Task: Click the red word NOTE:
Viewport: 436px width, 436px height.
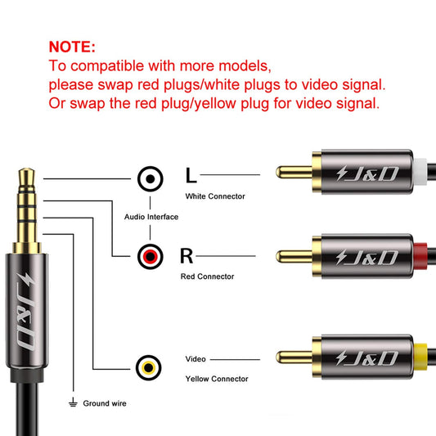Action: [72, 47]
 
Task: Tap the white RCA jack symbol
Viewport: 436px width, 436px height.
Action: [151, 179]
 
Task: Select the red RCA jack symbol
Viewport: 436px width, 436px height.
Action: [151, 256]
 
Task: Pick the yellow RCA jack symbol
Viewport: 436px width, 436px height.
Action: [149, 367]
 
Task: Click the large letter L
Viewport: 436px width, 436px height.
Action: [191, 175]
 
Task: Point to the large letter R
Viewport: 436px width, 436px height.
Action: [187, 256]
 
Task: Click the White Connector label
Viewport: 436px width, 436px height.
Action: [215, 196]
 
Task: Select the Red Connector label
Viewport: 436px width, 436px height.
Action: [208, 276]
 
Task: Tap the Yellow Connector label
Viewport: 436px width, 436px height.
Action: [217, 379]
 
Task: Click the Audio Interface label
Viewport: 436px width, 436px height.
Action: [151, 217]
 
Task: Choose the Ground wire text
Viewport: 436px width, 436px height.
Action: [105, 403]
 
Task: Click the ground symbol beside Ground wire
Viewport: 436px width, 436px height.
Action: [73, 402]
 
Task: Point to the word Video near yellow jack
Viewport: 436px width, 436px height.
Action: [196, 359]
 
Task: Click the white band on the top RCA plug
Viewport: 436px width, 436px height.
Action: [420, 172]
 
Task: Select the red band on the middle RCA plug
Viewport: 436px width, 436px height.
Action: [420, 256]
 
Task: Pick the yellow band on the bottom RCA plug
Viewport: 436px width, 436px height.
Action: [420, 357]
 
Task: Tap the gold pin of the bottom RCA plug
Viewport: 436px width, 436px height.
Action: [294, 357]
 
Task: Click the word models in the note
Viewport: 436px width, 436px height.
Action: [245, 66]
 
